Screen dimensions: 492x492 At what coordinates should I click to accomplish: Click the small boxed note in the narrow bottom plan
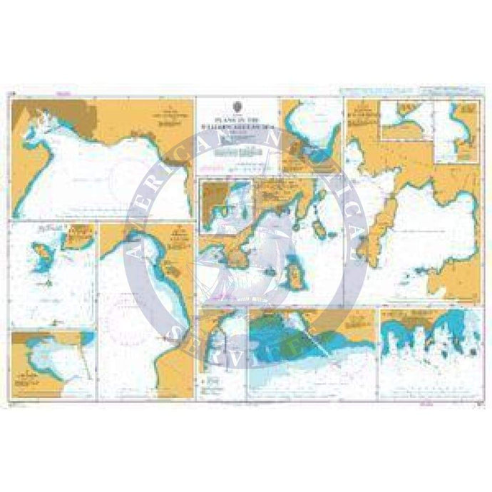click(211, 382)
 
